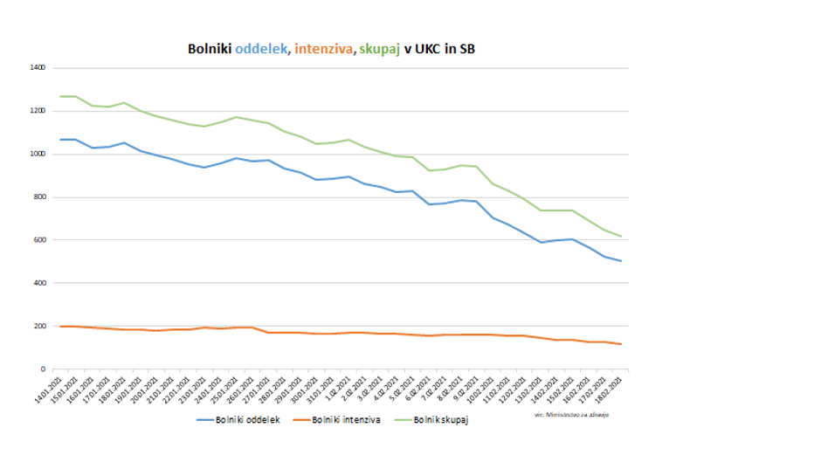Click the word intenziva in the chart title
pos(322,50)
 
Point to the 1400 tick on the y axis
pos(37,68)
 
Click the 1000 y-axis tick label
pos(37,155)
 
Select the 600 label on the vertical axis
pos(39,240)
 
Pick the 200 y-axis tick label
pos(39,327)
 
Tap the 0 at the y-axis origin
pos(43,369)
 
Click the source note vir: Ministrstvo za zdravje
pos(571,414)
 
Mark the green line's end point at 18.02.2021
pos(621,237)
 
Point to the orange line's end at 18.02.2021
pos(621,344)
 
